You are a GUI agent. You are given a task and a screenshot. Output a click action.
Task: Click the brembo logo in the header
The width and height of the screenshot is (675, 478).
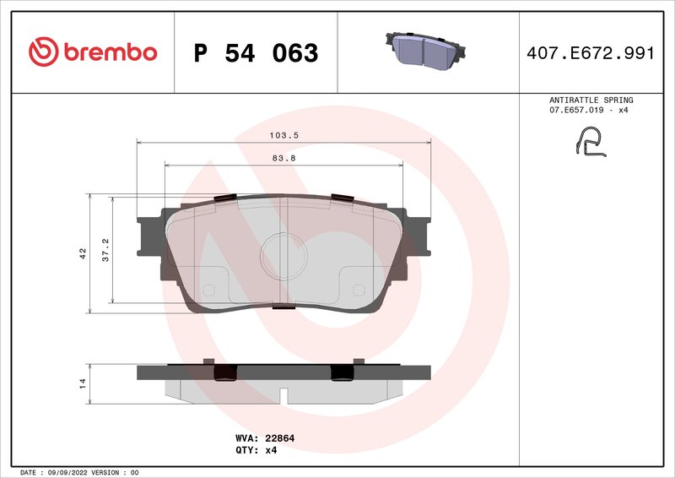pos(93,52)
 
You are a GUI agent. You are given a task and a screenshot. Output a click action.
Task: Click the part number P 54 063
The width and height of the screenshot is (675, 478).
pos(256,53)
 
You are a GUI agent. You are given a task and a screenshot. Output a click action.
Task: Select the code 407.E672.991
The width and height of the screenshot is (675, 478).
pos(590,53)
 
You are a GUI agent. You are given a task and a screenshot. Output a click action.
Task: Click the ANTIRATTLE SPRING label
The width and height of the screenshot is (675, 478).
pos(591,100)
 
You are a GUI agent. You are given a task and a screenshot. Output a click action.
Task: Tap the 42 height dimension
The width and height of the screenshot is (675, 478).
pos(82,253)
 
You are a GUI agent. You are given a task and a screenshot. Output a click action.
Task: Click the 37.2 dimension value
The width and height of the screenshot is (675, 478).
pos(105,249)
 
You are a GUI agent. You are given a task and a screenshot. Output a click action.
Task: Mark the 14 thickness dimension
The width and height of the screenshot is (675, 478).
pos(82,383)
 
